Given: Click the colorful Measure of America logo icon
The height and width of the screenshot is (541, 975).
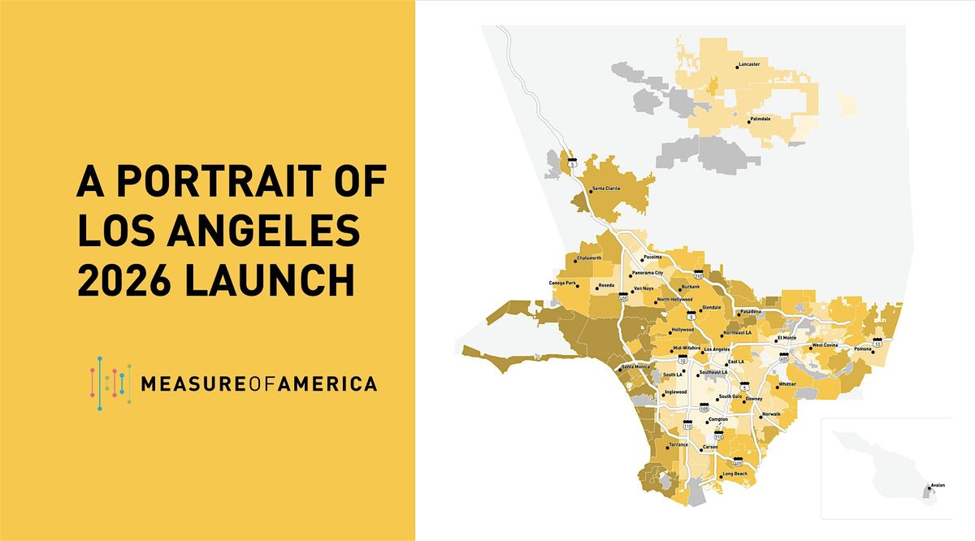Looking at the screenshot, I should [110, 383].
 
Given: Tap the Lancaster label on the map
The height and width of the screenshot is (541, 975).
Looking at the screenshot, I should [748, 65].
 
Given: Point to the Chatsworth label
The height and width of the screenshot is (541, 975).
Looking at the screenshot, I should [588, 258].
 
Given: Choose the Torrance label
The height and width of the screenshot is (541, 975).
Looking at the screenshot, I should [678, 445].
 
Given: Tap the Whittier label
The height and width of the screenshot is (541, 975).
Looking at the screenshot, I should [787, 385].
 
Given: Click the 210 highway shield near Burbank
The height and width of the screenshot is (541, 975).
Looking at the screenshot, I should [697, 275].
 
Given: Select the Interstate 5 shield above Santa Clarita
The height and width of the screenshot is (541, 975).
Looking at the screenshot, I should [572, 162].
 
